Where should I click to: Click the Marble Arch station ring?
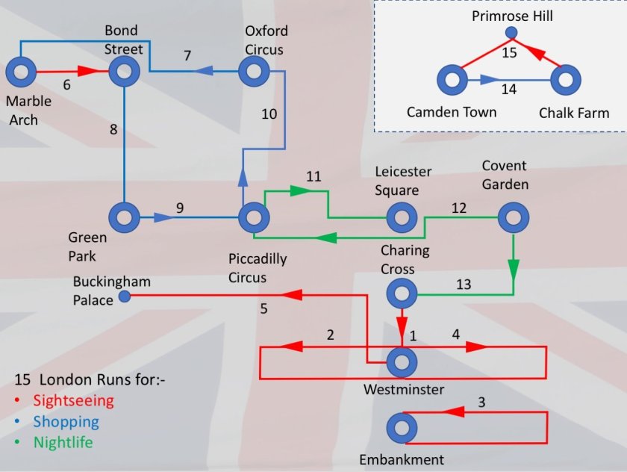tap(21, 72)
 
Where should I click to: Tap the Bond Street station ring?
tap(124, 72)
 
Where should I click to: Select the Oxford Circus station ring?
tap(254, 72)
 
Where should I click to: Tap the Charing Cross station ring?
tap(402, 294)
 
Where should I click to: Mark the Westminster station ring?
tap(402, 363)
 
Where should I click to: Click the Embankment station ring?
tap(402, 429)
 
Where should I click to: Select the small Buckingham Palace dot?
tap(125, 297)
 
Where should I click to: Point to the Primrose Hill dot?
tap(511, 32)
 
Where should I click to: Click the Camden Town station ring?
tap(452, 80)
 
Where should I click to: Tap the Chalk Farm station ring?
tap(566, 80)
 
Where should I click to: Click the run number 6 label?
tap(66, 84)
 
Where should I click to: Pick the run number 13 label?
tap(464, 284)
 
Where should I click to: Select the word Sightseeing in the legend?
tap(74, 400)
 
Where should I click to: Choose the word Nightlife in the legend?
tap(63, 442)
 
